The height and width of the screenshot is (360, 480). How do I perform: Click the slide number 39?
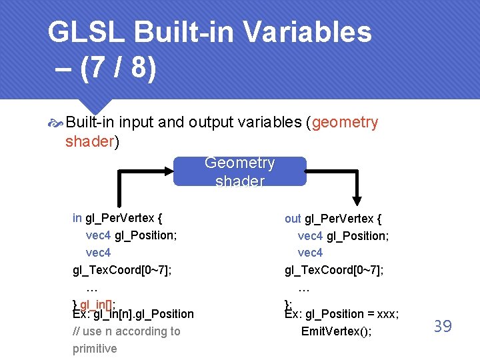[443, 326]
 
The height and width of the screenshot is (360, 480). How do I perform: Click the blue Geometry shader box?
[240, 171]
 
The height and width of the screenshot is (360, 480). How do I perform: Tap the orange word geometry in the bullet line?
[345, 123]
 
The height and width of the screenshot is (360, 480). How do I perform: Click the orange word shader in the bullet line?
[90, 141]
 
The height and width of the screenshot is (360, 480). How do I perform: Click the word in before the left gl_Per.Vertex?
[77, 218]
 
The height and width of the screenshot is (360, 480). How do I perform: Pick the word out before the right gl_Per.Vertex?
[293, 219]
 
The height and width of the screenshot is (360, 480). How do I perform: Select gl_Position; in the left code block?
[146, 235]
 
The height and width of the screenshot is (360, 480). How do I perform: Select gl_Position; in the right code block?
[358, 236]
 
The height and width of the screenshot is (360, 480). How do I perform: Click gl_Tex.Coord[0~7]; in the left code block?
[122, 270]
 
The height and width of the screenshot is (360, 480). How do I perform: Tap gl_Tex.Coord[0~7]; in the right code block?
[334, 270]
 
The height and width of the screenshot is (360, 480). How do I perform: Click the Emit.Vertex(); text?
[337, 331]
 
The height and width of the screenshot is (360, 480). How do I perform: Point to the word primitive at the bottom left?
[95, 349]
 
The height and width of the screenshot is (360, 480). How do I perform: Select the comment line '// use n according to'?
[126, 331]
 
